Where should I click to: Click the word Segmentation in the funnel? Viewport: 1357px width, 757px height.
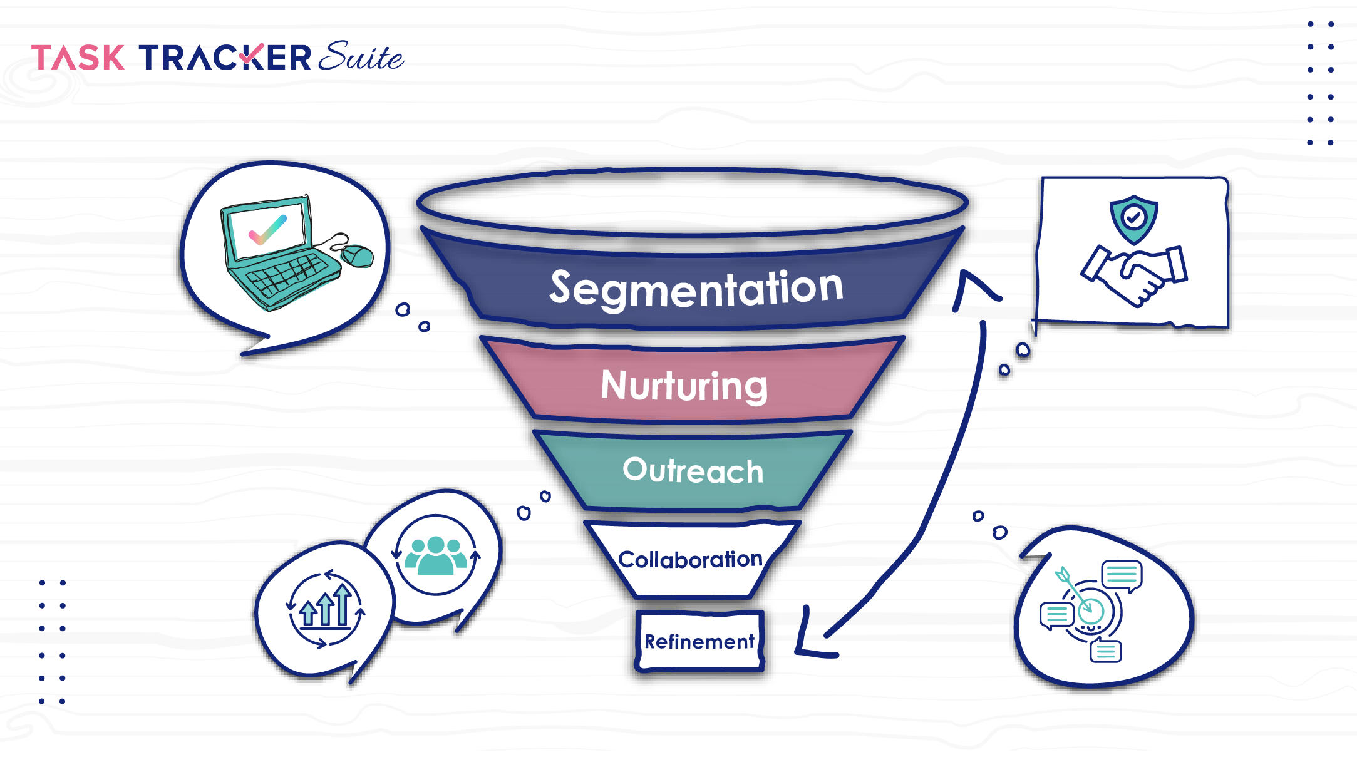point(696,288)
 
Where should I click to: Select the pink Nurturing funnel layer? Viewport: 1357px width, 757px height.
point(684,385)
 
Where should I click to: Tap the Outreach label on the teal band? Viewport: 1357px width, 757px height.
point(693,471)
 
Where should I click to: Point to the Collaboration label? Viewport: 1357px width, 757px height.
point(690,559)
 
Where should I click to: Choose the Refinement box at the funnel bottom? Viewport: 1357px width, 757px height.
point(699,641)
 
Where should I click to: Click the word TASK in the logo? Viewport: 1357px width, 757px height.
point(78,58)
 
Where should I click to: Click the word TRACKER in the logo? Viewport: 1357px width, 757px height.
point(225,58)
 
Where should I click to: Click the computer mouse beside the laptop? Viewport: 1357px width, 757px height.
point(358,255)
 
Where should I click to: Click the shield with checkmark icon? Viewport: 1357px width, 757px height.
point(1133,219)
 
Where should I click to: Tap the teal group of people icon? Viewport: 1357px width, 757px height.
point(436,555)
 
